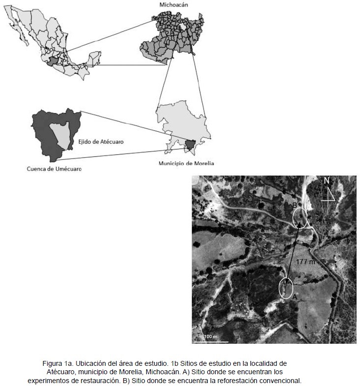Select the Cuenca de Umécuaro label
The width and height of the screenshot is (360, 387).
pyautogui.click(x=54, y=169)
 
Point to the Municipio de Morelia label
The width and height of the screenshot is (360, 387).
pyautogui.click(x=186, y=163)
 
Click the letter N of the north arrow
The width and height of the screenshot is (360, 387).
pyautogui.click(x=326, y=181)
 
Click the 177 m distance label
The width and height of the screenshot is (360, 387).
pyautogui.click(x=306, y=262)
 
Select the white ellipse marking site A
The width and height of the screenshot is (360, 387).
pyautogui.click(x=286, y=288)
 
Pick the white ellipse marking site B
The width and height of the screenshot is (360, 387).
pyautogui.click(x=300, y=217)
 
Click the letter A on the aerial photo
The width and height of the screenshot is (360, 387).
pyautogui.click(x=295, y=297)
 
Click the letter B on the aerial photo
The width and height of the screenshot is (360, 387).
pyautogui.click(x=294, y=205)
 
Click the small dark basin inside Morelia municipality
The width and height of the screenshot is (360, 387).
pyautogui.click(x=190, y=145)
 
